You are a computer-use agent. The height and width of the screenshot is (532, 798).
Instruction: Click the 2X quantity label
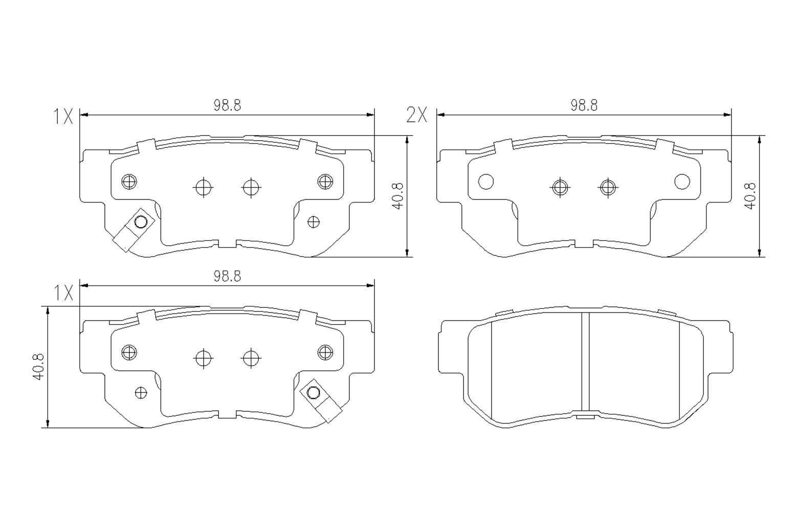click(416, 116)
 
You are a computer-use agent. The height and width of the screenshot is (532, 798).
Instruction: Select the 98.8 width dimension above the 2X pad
click(584, 105)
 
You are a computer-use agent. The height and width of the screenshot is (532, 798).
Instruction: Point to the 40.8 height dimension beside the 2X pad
click(750, 196)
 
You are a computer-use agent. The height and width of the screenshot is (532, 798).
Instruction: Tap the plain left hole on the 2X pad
click(485, 181)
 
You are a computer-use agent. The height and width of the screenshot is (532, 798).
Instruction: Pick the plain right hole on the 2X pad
click(682, 181)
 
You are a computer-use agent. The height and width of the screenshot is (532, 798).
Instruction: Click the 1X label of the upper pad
click(63, 117)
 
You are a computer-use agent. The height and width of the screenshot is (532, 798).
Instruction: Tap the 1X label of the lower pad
click(63, 293)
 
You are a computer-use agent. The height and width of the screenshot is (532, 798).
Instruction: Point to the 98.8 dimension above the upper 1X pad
click(227, 105)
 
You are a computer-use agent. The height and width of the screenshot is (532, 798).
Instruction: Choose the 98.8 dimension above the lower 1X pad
click(227, 276)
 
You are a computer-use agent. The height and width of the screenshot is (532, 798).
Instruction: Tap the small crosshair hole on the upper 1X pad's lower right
click(314, 221)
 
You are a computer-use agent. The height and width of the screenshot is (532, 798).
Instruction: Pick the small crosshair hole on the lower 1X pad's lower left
click(141, 392)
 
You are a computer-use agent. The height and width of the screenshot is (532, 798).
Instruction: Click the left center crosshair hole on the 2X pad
click(561, 187)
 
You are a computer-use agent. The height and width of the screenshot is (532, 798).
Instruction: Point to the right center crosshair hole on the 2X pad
click(607, 187)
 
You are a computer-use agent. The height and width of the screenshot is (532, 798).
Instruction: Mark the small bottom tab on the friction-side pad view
click(585, 416)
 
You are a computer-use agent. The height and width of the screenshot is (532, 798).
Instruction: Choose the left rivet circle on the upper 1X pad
click(129, 181)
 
